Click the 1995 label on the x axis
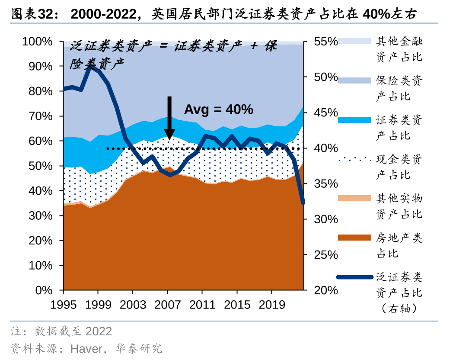[x=64, y=305]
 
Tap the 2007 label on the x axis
[x=168, y=305]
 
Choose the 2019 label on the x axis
[x=271, y=305]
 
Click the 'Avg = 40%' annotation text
[x=218, y=109]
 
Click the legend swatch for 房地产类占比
[x=354, y=238]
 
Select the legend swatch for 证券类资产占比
[x=354, y=120]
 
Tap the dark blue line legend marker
[x=354, y=276]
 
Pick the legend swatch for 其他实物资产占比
[x=354, y=198]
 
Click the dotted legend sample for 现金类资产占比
[x=354, y=159]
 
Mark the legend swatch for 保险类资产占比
[x=354, y=80]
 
